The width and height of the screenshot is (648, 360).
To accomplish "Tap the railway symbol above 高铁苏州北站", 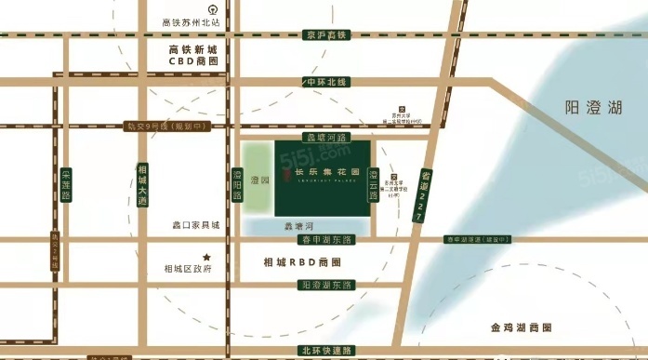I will pos(192,7).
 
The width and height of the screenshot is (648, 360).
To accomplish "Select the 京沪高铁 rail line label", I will pos(325,35).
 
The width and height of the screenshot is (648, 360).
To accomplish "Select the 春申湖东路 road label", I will pos(324,240).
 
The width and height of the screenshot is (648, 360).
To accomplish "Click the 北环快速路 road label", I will pos(326,350).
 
